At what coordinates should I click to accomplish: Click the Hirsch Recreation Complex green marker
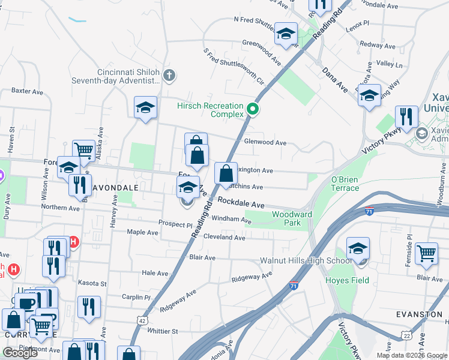pos(253,109)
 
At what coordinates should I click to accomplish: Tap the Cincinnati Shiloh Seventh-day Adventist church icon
pos(169,75)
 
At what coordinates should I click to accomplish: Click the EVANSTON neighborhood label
pos(419,314)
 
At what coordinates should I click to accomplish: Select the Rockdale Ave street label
pos(241,203)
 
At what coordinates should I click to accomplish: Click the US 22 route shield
pos(406,335)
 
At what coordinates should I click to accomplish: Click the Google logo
pos(20,353)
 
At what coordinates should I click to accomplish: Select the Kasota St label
pos(92,283)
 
